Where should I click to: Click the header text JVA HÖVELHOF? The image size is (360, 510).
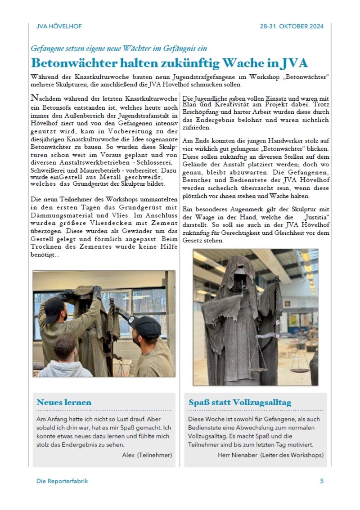pyautogui.click(x=59, y=27)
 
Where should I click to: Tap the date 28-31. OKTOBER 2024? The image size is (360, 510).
pyautogui.click(x=292, y=27)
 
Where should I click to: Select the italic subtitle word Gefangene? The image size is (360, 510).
pyautogui.click(x=48, y=48)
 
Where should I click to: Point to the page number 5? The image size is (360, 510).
pyautogui.click(x=322, y=481)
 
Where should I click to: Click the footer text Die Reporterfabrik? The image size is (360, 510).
pyautogui.click(x=62, y=481)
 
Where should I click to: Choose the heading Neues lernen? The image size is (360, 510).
pyautogui.click(x=64, y=402)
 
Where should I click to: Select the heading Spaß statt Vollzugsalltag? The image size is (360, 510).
pyautogui.click(x=239, y=402)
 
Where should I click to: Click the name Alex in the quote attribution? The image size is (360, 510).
pyautogui.click(x=129, y=455)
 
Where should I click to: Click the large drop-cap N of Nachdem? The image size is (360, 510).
pyautogui.click(x=34, y=98)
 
